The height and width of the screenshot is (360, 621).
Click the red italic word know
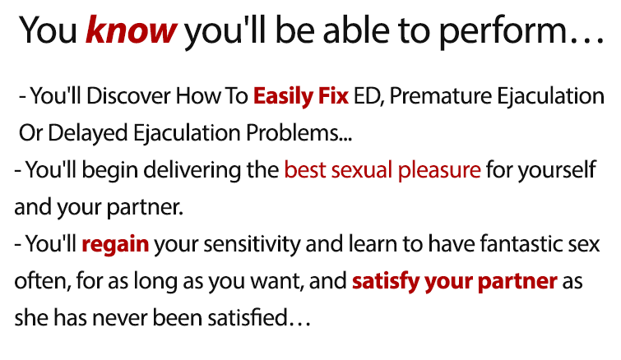(x=131, y=30)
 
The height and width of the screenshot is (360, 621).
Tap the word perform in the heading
(x=503, y=32)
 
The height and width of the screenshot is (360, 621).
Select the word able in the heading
(x=355, y=30)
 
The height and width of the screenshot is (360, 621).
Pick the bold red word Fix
(x=333, y=96)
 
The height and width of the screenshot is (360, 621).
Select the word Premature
(x=440, y=96)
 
